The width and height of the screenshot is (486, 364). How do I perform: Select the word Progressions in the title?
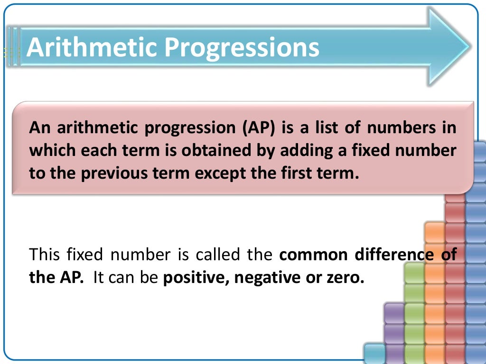tap(242, 48)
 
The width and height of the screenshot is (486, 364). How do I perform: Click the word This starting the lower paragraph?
tap(45, 255)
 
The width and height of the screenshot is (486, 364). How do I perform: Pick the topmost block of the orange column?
tap(434, 231)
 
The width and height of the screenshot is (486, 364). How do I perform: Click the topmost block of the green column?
tap(414, 272)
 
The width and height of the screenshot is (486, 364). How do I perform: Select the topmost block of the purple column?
tap(394, 313)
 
